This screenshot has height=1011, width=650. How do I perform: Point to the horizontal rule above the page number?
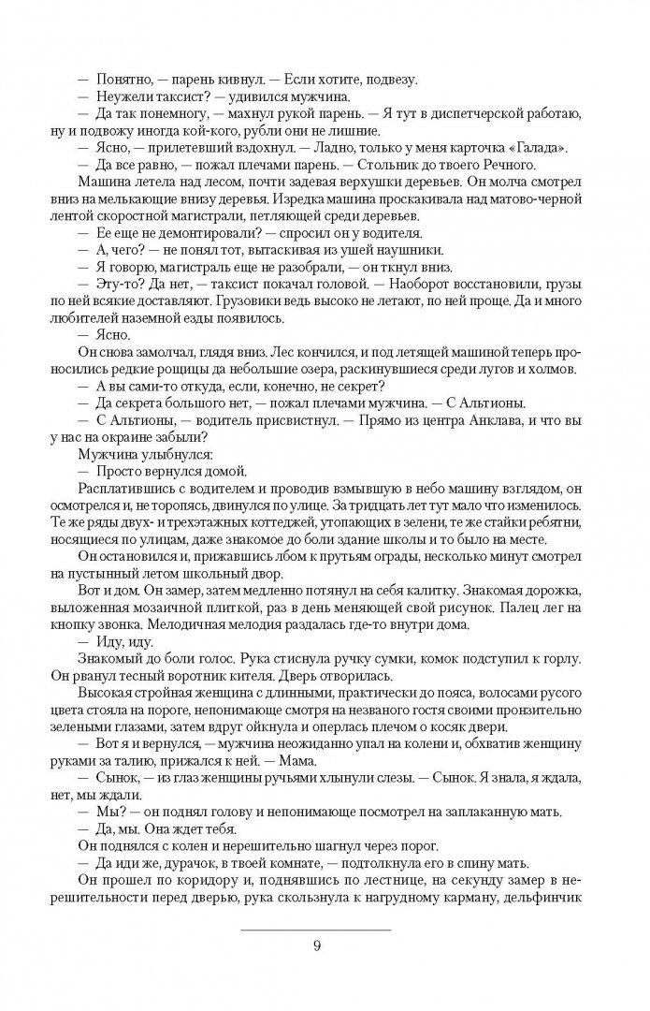(x=319, y=929)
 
